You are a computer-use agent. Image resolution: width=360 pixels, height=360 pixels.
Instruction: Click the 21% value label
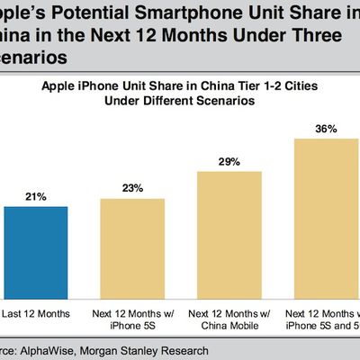33,195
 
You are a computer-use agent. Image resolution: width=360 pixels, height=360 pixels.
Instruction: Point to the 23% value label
133,186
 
